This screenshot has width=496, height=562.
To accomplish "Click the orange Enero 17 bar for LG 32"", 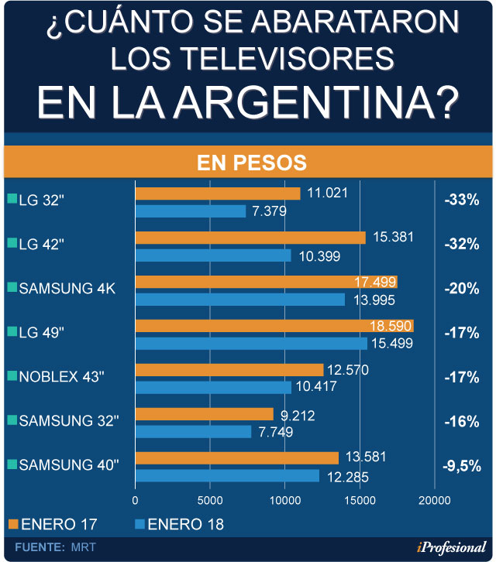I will click(x=218, y=194).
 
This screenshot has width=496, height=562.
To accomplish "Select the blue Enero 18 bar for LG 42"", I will click(x=213, y=255).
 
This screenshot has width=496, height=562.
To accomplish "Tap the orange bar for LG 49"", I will click(x=274, y=326).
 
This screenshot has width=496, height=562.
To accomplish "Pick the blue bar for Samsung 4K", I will click(x=240, y=299).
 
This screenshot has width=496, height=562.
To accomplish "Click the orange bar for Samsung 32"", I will click(x=205, y=414).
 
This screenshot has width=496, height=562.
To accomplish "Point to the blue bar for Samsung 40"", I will click(x=227, y=475).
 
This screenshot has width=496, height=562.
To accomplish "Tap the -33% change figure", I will click(x=462, y=200).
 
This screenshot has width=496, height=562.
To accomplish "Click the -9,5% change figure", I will click(x=462, y=466).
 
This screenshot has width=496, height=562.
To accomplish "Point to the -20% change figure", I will click(x=462, y=289).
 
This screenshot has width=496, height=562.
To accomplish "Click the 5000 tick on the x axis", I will click(x=209, y=500).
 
